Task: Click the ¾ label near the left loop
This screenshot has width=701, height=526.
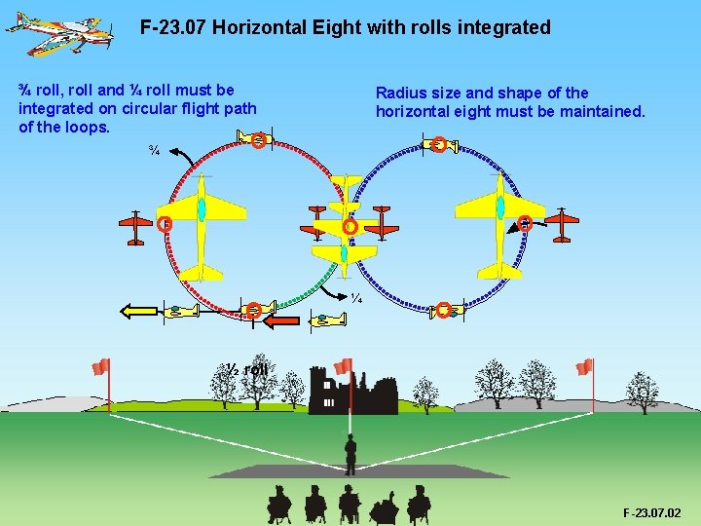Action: (154, 150)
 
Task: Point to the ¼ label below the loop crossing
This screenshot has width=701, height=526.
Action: (356, 298)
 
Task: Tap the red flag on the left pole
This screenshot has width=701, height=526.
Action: (100, 366)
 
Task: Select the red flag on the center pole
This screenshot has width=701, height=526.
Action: (343, 366)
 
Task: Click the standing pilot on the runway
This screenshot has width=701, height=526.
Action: (350, 453)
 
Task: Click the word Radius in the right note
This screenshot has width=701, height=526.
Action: (400, 94)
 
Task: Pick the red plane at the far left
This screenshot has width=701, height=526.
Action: (135, 226)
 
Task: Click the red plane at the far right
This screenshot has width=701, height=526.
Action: (562, 224)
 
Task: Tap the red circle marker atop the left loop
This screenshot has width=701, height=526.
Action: (257, 141)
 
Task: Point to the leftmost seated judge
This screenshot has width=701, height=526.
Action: (278, 503)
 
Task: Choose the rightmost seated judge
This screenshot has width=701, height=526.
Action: (419, 503)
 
